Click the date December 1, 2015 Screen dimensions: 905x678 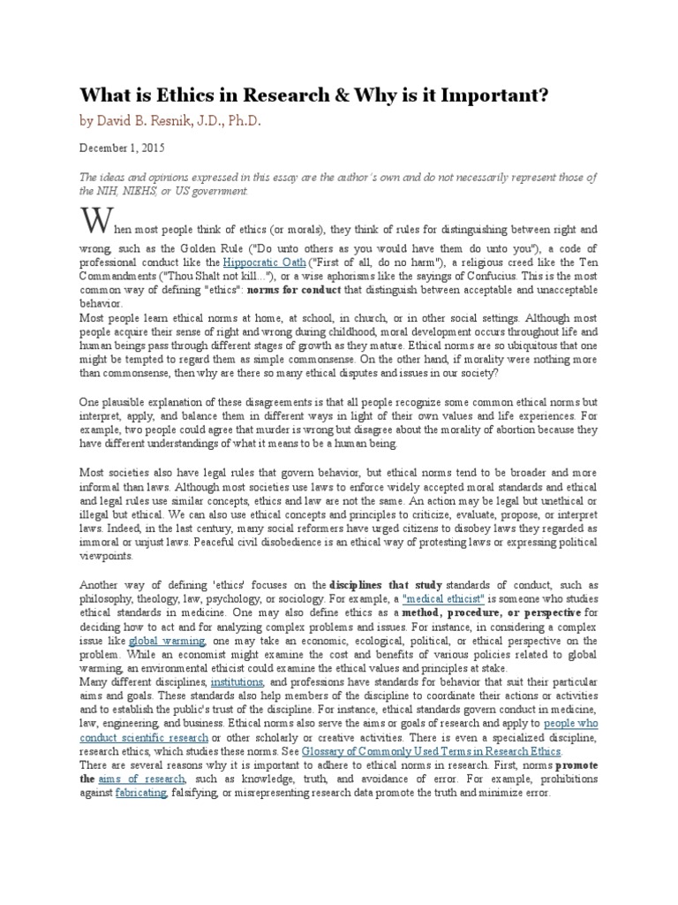(x=122, y=148)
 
